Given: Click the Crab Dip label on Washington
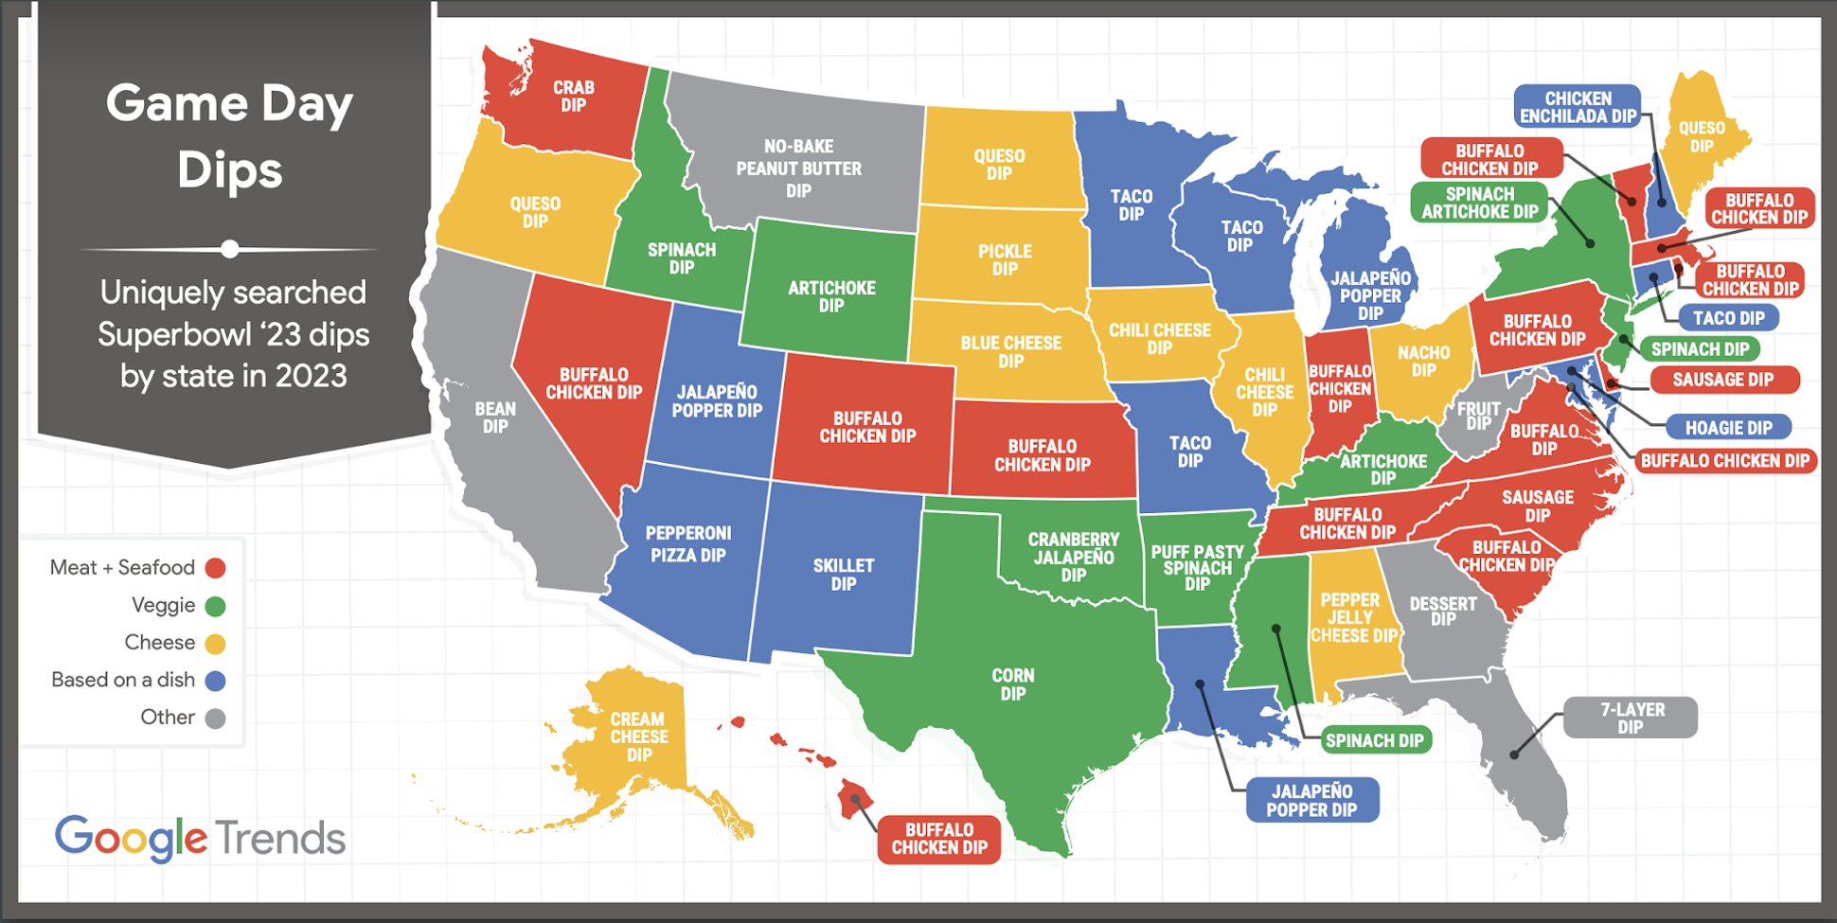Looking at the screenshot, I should [573, 96].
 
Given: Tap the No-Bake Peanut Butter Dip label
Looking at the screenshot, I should [798, 169].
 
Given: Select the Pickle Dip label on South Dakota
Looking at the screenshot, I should [1005, 259].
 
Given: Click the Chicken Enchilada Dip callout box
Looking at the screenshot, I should [1577, 107].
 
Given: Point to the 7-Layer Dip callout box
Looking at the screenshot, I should [1630, 718].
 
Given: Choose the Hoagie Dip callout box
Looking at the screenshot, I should [1727, 428].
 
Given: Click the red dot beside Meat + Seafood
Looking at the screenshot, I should [216, 568].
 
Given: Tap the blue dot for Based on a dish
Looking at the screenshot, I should [216, 681].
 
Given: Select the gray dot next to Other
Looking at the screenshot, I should [216, 718].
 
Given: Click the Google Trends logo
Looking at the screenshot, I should [200, 838].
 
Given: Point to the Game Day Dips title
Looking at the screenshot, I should [230, 135].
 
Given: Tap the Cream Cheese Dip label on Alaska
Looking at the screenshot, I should [638, 737].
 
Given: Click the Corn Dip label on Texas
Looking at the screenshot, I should [1012, 683].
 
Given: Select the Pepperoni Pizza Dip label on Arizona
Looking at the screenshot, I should [687, 544].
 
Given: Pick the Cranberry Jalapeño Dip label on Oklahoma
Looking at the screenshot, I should [1073, 557].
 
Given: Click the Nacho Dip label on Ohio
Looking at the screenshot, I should [1423, 361].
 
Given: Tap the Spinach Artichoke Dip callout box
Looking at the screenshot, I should [1479, 203].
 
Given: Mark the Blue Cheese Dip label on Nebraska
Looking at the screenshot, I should [1010, 351].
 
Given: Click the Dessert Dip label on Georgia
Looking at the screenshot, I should [1442, 611].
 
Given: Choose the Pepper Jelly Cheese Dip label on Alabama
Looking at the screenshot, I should [1352, 617].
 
